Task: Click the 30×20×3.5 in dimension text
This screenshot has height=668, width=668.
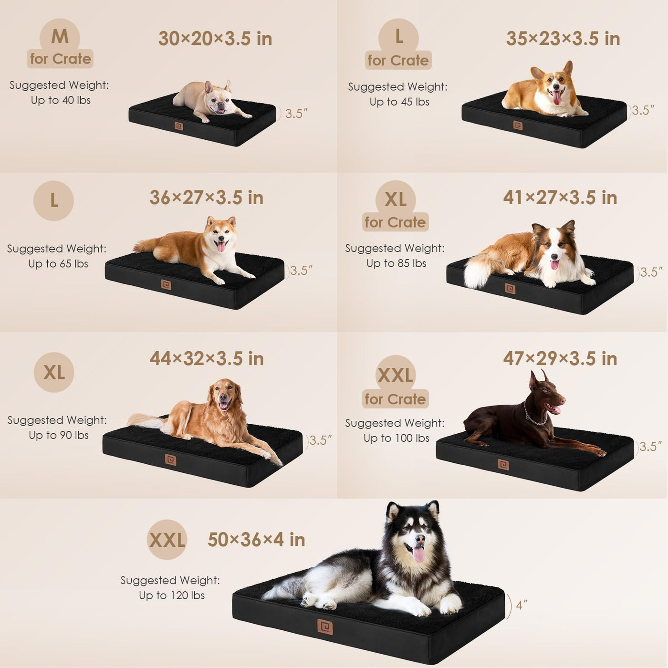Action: coord(215,39)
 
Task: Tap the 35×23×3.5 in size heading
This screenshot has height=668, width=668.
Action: coord(563,39)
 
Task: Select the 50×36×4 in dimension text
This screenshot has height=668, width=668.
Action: coord(256,540)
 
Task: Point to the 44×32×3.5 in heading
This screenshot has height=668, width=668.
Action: coord(207,358)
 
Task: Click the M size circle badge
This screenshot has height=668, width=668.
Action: coord(60,37)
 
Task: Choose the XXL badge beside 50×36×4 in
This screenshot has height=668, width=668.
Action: coord(167,539)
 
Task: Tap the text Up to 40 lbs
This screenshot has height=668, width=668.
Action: coord(61,100)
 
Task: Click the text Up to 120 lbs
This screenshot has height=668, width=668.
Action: coord(172,595)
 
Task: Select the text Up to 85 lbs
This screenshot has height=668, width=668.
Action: coord(396,263)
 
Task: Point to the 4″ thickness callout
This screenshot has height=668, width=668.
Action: coord(521,605)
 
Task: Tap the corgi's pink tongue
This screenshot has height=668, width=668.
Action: coord(557,98)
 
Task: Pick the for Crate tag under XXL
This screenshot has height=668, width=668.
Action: coord(395,399)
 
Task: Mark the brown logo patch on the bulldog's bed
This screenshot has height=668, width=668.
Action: coord(179,126)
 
